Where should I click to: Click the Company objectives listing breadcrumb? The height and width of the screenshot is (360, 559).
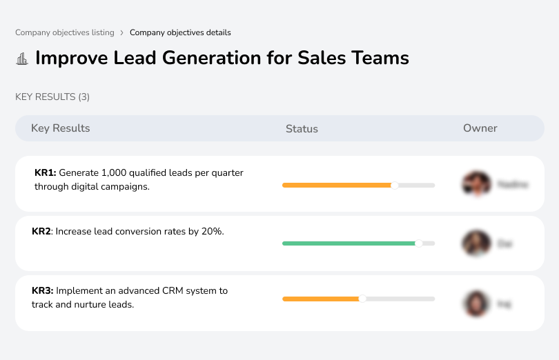(x=65, y=32)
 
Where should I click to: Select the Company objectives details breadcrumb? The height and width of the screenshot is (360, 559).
(x=180, y=32)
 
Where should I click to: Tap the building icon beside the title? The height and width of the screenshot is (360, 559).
(x=22, y=59)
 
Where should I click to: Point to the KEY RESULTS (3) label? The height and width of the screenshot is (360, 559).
(x=52, y=97)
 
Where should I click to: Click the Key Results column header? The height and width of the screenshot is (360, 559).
(x=60, y=128)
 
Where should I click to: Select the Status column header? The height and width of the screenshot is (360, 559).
(x=302, y=129)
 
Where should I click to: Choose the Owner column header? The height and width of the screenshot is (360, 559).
(x=480, y=128)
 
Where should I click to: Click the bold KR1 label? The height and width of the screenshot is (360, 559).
(x=45, y=173)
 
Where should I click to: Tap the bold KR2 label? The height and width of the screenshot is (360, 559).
(x=41, y=232)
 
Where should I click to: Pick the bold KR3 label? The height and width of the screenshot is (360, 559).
(x=43, y=291)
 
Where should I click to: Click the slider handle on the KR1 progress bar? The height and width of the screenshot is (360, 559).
(x=395, y=185)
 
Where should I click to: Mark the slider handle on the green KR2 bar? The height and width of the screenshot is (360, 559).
(x=418, y=243)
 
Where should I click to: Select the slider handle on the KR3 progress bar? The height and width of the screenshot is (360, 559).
(x=362, y=299)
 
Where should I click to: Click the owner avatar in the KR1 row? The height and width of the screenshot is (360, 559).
(x=476, y=184)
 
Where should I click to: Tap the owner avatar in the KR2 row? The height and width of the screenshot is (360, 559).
(x=476, y=243)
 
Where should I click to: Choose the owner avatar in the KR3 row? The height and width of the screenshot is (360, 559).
(x=476, y=303)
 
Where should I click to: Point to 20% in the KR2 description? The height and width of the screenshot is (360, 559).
(x=212, y=232)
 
